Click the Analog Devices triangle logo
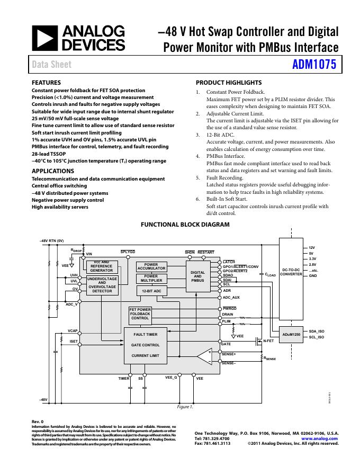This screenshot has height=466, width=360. pyautogui.click(x=44, y=38)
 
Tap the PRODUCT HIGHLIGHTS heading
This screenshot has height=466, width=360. pyautogui.click(x=229, y=83)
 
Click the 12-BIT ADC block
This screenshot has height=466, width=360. pyautogui.click(x=151, y=291)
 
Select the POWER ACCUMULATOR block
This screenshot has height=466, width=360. pyautogui.click(x=151, y=266)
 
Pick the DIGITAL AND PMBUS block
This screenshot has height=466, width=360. pyautogui.click(x=197, y=276)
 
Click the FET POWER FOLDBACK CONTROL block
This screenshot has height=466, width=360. pyautogui.click(x=140, y=313)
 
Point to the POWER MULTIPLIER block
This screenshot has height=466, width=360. pyautogui.click(x=151, y=279)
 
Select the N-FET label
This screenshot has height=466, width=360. pyautogui.click(x=268, y=342)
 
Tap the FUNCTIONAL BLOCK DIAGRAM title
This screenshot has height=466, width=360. pyautogui.click(x=185, y=225)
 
